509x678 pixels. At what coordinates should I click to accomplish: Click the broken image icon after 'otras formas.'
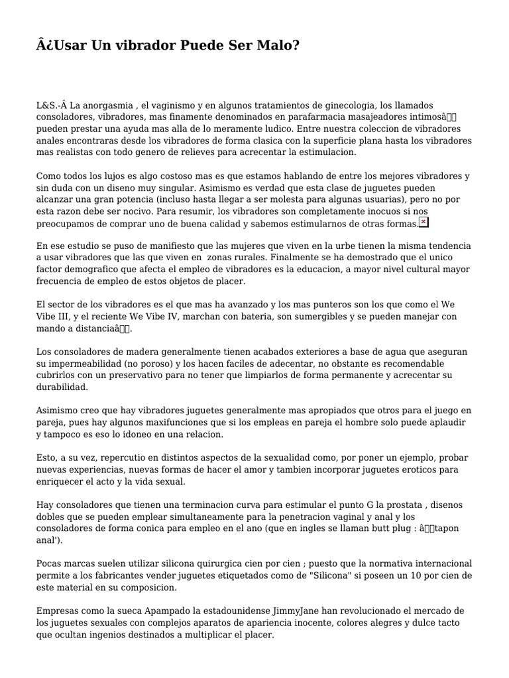[424, 222]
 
